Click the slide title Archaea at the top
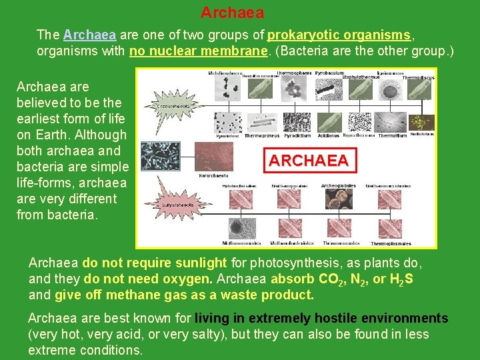[x=232, y=13]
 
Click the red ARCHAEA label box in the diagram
[x=308, y=161]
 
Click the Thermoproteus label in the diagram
[x=261, y=135]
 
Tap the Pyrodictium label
[x=297, y=135]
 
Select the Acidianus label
[x=329, y=135]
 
